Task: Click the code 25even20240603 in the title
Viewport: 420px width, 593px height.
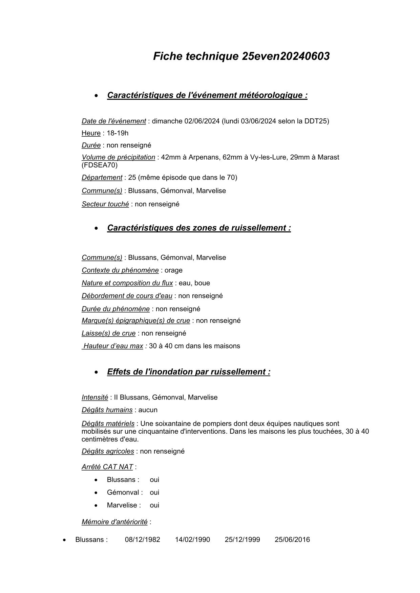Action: (286, 56)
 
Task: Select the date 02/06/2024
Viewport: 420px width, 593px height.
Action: (202, 121)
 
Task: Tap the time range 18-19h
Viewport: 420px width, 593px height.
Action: (118, 133)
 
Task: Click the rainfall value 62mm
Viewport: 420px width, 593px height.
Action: (232, 157)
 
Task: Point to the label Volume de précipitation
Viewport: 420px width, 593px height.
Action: (118, 157)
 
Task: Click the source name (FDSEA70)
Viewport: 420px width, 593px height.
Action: (100, 165)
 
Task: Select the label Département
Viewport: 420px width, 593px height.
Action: (102, 178)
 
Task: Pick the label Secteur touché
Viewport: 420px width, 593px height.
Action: (105, 204)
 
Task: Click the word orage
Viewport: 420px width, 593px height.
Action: (173, 270)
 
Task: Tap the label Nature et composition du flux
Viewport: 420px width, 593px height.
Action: (127, 283)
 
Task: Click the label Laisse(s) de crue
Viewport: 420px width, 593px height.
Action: (108, 334)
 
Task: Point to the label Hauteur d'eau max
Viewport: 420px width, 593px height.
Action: (113, 346)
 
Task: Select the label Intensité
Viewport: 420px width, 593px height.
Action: (94, 397)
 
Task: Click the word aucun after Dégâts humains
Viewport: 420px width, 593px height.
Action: (148, 410)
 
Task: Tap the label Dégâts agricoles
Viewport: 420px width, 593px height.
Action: (108, 451)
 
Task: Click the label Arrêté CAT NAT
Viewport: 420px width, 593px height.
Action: (107, 467)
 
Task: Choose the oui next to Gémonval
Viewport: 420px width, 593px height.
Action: (154, 493)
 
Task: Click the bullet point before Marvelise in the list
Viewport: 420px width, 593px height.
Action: (96, 505)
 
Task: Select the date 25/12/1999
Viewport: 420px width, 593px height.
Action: (242, 540)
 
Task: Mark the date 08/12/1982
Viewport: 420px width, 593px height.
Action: (142, 540)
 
